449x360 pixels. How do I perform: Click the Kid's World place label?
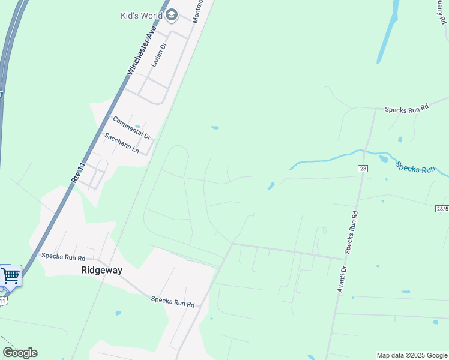(x=142, y=15)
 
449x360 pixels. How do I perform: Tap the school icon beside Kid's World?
(x=172, y=15)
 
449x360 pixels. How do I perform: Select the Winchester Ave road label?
(x=142, y=50)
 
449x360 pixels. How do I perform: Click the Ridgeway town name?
(x=101, y=271)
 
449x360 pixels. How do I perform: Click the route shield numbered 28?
(x=363, y=169)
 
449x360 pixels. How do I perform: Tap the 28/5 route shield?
(x=442, y=208)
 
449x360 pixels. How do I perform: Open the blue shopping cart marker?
(x=10, y=275)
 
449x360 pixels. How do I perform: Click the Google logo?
(x=20, y=353)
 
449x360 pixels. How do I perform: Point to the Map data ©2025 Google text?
(x=412, y=355)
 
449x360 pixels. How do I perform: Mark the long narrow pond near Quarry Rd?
(x=387, y=38)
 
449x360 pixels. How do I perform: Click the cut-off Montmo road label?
(x=198, y=11)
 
